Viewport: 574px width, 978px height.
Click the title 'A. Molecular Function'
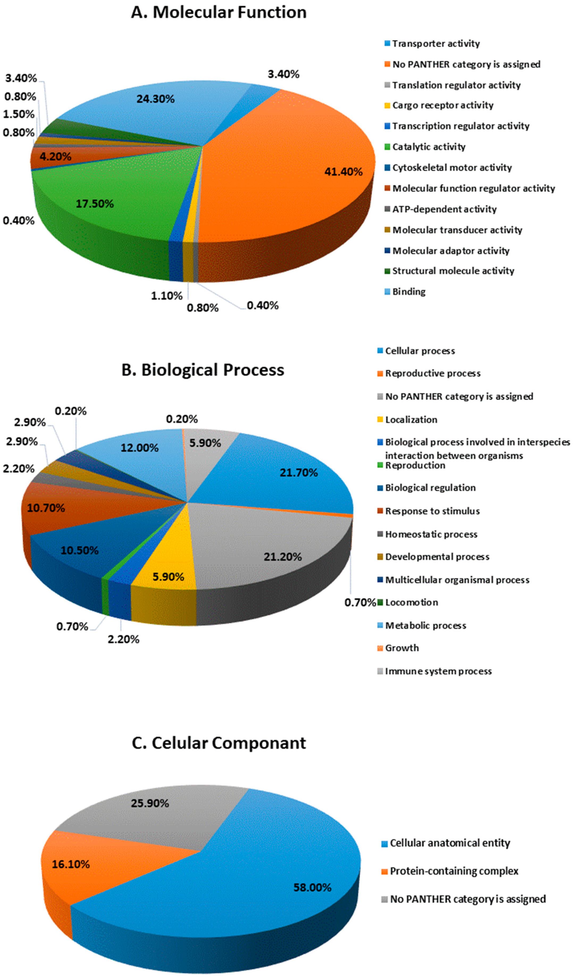[219, 13]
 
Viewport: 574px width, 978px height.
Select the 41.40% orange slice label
[343, 172]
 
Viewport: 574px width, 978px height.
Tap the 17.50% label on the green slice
[95, 204]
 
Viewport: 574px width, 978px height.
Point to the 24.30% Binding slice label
[155, 99]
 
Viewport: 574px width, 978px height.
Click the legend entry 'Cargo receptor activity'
[442, 105]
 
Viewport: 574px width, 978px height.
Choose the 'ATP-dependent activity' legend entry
[444, 209]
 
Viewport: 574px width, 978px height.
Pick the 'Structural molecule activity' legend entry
[453, 271]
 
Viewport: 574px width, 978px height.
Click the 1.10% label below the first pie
[166, 296]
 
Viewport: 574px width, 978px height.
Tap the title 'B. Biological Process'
[203, 370]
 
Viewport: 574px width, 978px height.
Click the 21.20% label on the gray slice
[282, 557]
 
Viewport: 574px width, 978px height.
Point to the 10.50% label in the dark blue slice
[79, 550]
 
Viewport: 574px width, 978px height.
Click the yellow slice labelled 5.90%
[168, 577]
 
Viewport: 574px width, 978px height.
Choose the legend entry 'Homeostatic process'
[431, 534]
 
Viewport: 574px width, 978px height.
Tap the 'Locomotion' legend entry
[411, 603]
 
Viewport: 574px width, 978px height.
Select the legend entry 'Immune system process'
[438, 672]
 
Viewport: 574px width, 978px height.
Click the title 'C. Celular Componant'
[219, 743]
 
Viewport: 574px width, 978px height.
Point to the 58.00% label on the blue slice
[312, 888]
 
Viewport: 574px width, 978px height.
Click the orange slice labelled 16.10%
[70, 864]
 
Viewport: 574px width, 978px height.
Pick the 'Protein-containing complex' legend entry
[454, 871]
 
